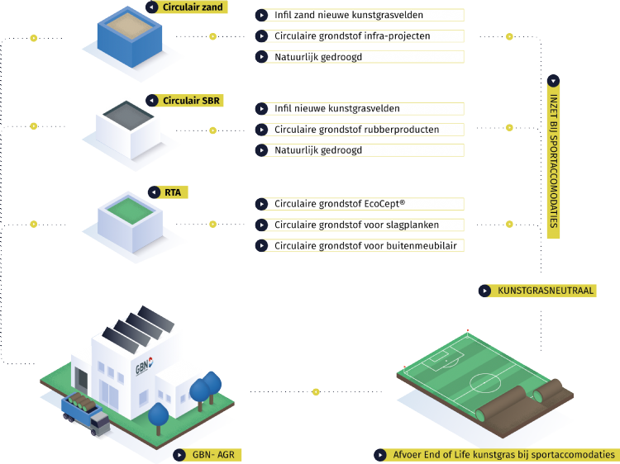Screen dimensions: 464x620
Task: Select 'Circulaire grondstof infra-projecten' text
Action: point(352,36)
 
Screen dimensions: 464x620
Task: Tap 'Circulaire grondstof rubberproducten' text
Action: point(356,130)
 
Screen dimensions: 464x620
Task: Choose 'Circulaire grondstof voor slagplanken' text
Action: point(356,225)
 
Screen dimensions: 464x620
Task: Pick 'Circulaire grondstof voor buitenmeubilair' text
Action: point(365,245)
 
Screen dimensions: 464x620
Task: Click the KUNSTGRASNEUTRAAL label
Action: point(545,291)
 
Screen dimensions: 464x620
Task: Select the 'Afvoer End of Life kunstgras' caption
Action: point(500,455)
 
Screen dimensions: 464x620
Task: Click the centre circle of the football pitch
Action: point(480,384)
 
